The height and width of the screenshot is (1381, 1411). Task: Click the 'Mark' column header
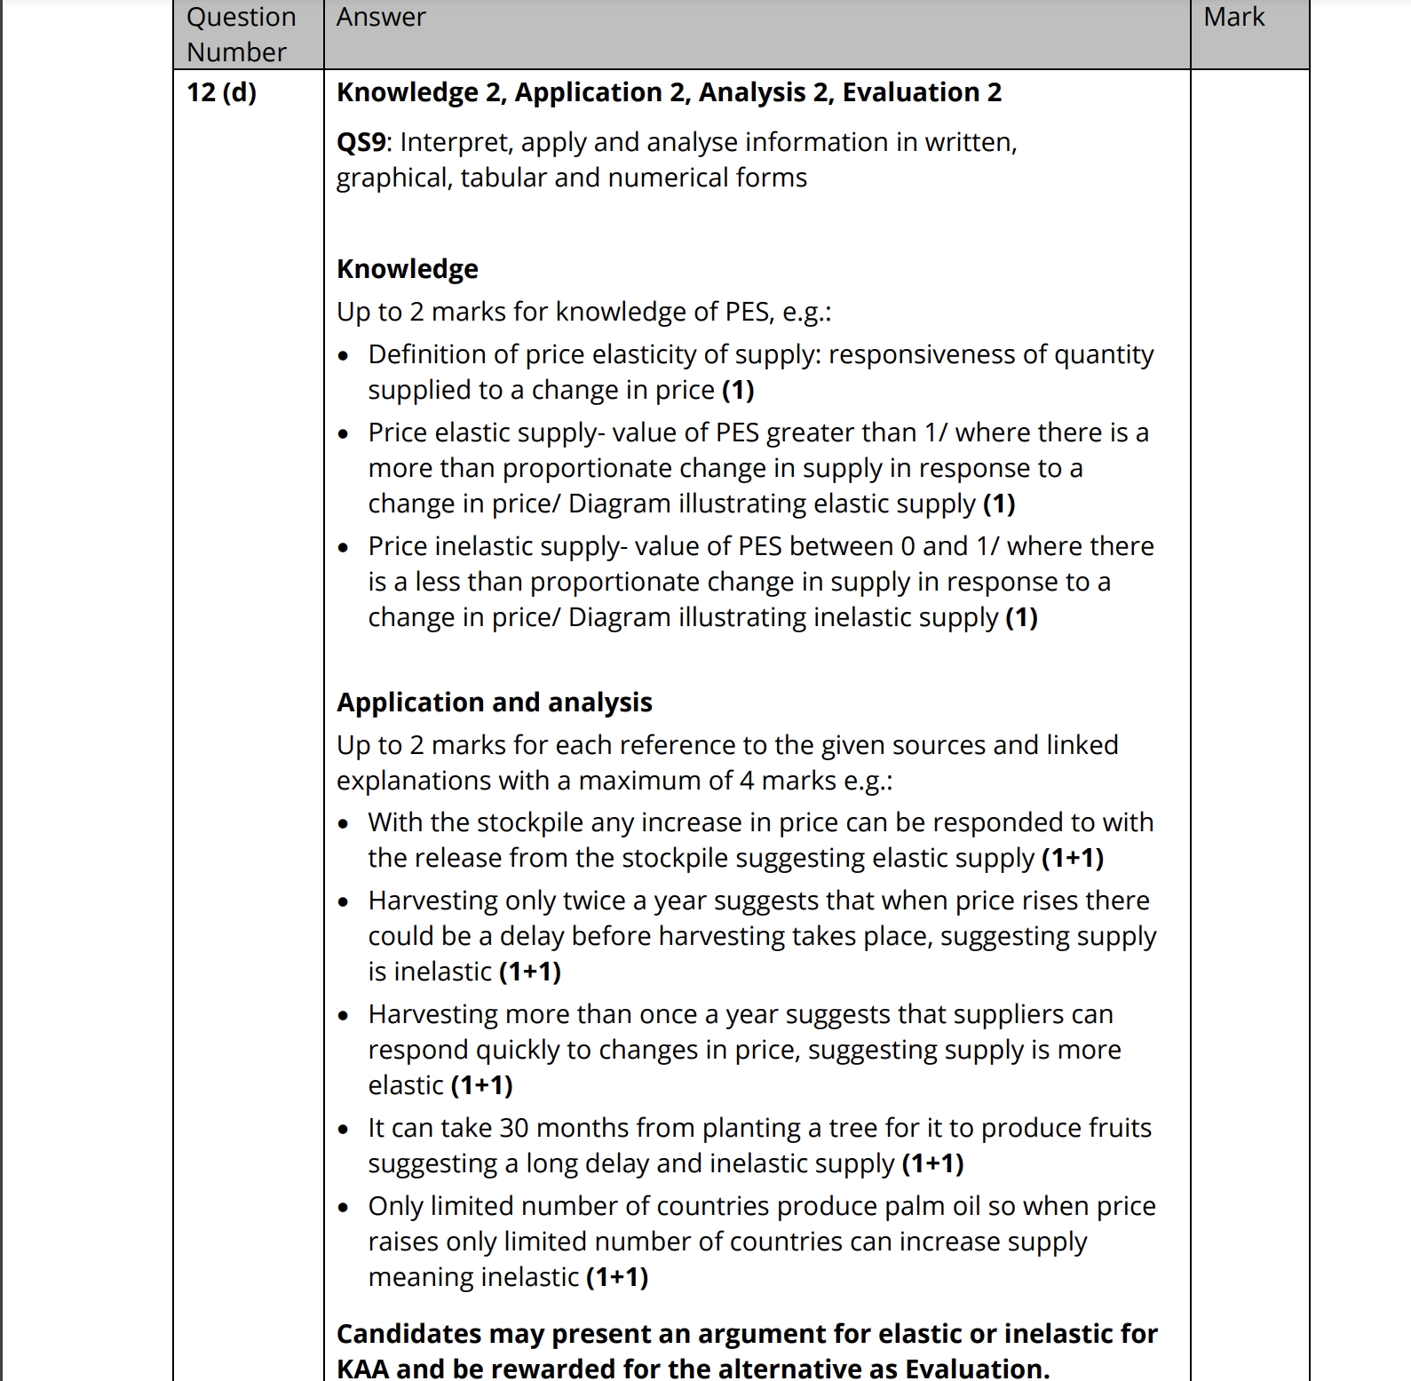point(1233,17)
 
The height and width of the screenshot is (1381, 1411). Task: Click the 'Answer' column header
point(381,17)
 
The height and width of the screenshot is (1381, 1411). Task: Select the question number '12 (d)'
point(221,91)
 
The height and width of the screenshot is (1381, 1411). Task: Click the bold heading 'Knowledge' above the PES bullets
point(407,268)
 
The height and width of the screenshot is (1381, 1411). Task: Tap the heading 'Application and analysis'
point(494,702)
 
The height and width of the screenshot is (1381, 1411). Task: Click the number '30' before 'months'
point(514,1128)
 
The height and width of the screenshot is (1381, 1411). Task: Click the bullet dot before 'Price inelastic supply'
point(344,547)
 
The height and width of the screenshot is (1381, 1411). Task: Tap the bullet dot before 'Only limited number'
point(344,1207)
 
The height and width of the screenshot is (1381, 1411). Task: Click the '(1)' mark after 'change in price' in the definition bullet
point(738,390)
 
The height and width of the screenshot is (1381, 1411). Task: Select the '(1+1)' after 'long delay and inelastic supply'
point(932,1163)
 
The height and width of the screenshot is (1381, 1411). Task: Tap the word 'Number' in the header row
point(236,52)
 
